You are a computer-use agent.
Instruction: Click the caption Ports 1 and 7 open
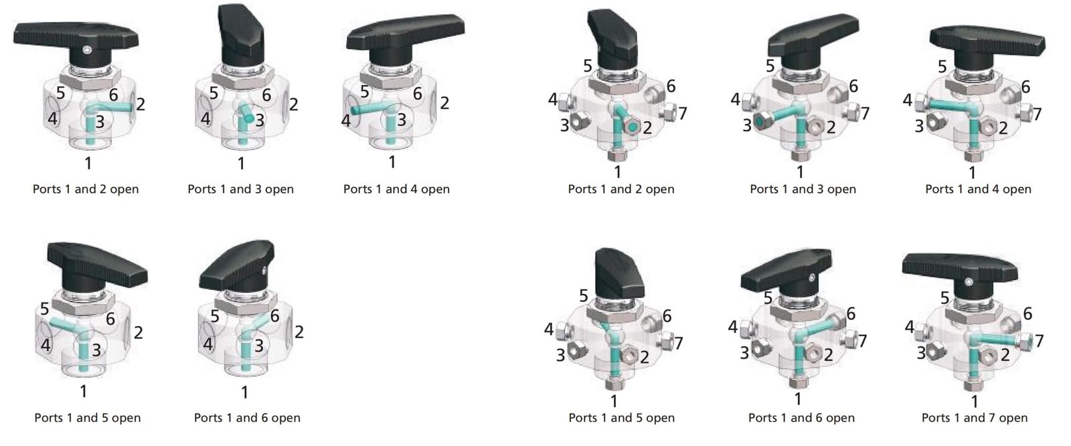pyautogui.click(x=975, y=418)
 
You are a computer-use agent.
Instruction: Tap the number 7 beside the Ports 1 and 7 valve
pyautogui.click(x=1039, y=342)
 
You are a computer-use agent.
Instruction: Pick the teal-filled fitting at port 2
pyautogui.click(x=632, y=127)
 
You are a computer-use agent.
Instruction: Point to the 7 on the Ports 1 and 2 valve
pyautogui.click(x=683, y=113)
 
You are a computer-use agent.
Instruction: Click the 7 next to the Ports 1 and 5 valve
pyautogui.click(x=679, y=343)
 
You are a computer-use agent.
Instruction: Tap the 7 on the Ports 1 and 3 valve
pyautogui.click(x=864, y=113)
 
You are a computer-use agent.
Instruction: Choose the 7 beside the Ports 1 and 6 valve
pyautogui.click(x=863, y=341)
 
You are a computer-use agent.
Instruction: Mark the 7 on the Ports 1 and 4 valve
pyautogui.click(x=1037, y=115)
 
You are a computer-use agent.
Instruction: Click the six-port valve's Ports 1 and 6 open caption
pyautogui.click(x=247, y=418)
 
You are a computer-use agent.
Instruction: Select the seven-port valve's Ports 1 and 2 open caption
pyautogui.click(x=621, y=189)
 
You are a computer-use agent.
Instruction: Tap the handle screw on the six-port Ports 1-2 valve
pyautogui.click(x=86, y=50)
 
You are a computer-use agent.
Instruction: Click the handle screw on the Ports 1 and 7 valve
pyautogui.click(x=969, y=283)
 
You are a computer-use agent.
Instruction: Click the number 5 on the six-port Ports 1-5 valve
pyautogui.click(x=44, y=309)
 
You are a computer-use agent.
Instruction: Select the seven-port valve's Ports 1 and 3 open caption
pyautogui.click(x=803, y=189)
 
